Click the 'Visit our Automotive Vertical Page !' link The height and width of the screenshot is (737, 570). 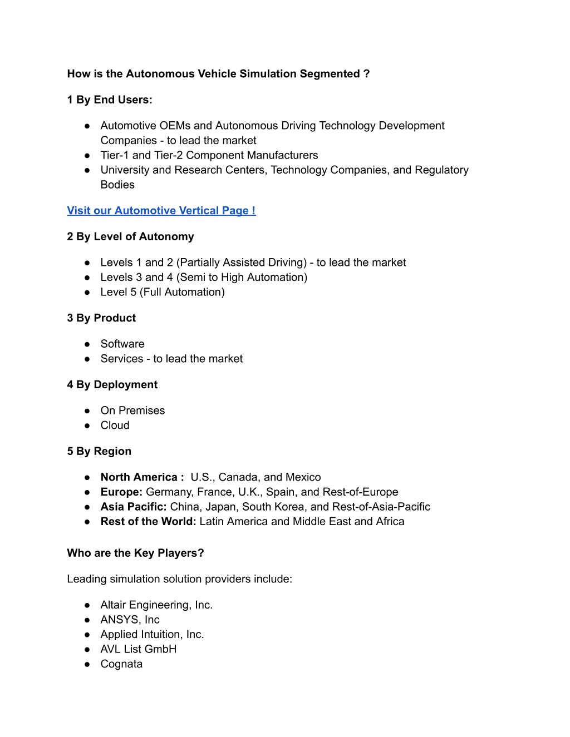tap(161, 211)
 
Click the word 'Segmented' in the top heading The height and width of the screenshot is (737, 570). tap(330, 74)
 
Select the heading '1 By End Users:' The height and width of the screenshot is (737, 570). tap(110, 100)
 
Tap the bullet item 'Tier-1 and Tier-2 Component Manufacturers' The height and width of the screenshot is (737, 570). tap(209, 155)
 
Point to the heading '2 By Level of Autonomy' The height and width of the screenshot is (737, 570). tap(130, 237)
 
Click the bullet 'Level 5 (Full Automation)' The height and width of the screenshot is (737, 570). tap(163, 292)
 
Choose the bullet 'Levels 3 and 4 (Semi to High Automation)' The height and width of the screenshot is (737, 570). tap(204, 278)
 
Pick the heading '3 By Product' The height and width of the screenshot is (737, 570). tap(101, 318)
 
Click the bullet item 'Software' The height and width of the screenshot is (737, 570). tap(122, 344)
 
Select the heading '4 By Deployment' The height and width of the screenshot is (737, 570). tap(112, 385)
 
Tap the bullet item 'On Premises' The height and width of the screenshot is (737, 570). tap(132, 411)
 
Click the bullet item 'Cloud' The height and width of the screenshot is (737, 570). tap(115, 426)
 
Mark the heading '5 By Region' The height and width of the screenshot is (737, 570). tap(99, 452)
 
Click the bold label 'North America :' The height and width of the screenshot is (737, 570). tap(142, 477)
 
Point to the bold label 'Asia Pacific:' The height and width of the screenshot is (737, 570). tap(134, 507)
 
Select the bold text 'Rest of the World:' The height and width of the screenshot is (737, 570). tap(148, 522)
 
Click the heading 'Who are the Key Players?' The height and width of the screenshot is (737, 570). tap(135, 553)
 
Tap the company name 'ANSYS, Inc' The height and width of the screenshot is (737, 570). tap(130, 620)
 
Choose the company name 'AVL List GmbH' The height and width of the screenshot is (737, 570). tap(139, 649)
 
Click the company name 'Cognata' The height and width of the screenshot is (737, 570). tap(121, 664)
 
